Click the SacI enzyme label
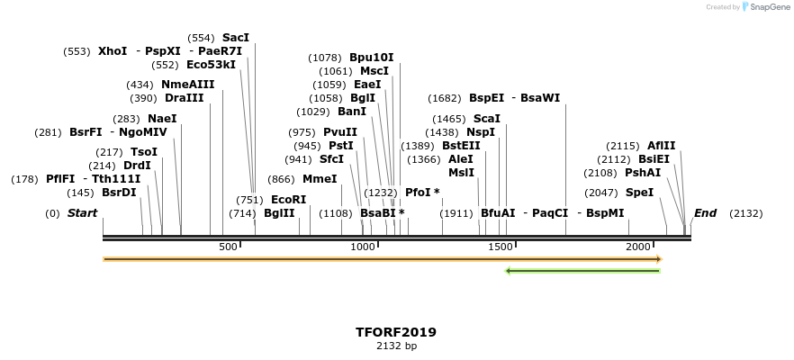point(236,38)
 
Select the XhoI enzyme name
point(113,51)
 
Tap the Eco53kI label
point(211,65)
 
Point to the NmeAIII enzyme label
point(188,85)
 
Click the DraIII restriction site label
point(184,98)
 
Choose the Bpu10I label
point(372,58)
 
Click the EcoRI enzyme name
point(289,200)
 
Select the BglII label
point(279,213)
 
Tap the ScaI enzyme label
point(486,119)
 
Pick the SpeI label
point(639,193)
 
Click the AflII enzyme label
point(662,146)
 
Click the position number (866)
point(282,179)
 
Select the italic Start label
point(82,213)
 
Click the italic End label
point(705,213)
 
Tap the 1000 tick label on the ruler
point(363,247)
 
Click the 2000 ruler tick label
point(638,247)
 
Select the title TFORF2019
point(396,332)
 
